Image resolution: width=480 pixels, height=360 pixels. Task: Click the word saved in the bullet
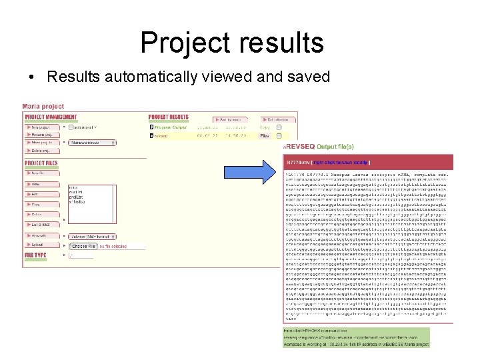(x=306, y=77)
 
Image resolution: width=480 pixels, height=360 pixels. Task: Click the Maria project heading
(x=43, y=106)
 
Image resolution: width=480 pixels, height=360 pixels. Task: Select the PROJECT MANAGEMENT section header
(x=51, y=117)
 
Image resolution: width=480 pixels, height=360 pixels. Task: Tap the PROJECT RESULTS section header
(x=169, y=117)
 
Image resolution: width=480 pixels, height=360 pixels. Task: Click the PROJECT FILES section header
(x=41, y=163)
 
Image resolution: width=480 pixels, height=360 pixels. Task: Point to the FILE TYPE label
(x=36, y=255)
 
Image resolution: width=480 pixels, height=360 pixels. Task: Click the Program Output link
(x=171, y=127)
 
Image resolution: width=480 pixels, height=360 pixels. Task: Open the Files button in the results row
(x=265, y=135)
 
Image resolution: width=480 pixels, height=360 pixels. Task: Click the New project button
(x=42, y=127)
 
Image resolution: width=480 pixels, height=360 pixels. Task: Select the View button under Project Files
(x=40, y=183)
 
